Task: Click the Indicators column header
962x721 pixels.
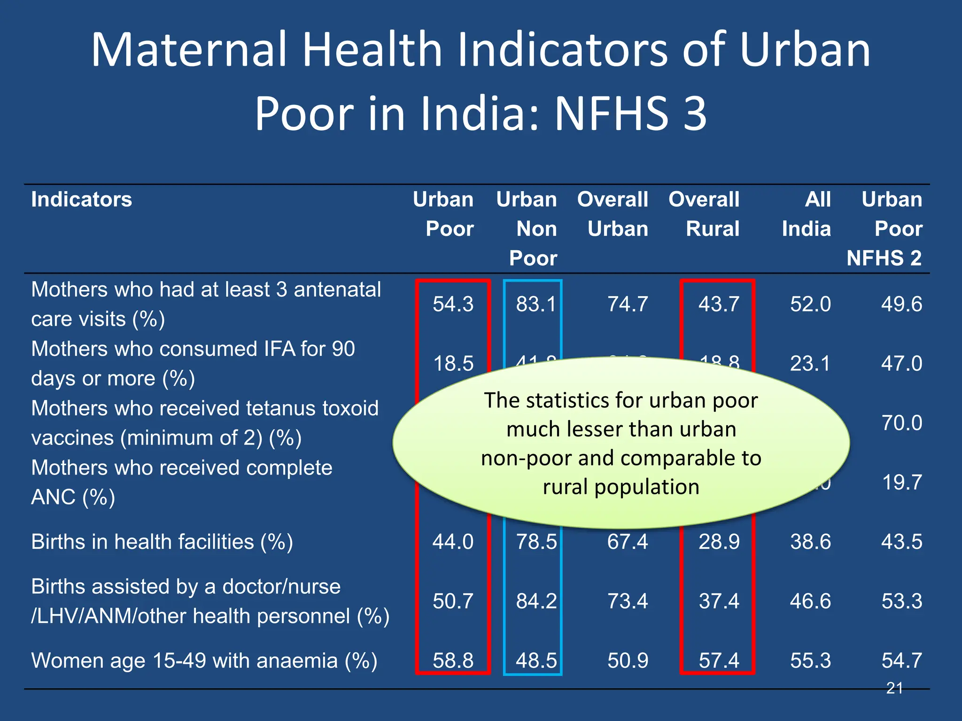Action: [81, 199]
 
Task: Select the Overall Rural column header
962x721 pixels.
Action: [704, 214]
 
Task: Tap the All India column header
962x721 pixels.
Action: [807, 214]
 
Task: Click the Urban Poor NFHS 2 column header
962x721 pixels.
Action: [885, 229]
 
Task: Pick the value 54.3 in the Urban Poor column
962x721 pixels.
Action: [453, 304]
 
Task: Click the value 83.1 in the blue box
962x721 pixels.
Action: [536, 304]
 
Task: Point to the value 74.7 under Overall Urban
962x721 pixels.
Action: [628, 304]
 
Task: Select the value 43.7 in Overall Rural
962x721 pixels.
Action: [719, 304]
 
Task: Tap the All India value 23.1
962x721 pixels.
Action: [810, 364]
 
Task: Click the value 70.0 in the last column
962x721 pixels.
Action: [901, 423]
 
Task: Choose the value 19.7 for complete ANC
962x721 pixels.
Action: [901, 483]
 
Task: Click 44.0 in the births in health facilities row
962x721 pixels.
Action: [453, 542]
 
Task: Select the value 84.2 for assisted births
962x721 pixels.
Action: [536, 601]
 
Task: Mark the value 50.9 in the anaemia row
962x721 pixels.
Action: [628, 660]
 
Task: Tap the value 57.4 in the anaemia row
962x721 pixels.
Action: [719, 660]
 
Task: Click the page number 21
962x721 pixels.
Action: [894, 688]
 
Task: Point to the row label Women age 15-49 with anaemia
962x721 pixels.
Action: [204, 660]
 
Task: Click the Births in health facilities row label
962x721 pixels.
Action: [162, 542]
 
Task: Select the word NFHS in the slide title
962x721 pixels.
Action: [611, 114]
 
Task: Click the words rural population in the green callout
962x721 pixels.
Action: [621, 487]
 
